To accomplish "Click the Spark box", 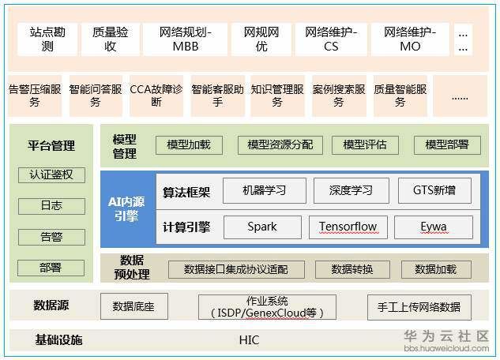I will coord(262,227).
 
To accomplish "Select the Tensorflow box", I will coord(348,227).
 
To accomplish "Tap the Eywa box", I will coord(434,227).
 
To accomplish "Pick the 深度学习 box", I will coord(352,190).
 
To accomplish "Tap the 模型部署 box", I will coord(447,144).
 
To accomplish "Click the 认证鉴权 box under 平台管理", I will coord(51,174).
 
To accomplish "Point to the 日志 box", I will coord(51,205).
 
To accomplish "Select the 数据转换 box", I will coord(352,269).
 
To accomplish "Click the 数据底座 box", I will coord(133,306).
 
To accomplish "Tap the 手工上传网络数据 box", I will coord(419,306).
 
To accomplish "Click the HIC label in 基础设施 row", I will coord(249,340).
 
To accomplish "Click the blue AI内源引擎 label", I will coord(126,209).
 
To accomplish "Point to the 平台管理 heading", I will coord(51,145).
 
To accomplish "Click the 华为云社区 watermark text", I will coord(446,336).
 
